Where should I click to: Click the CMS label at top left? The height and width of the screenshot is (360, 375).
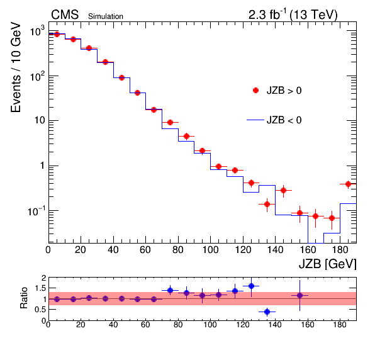coord(65,15)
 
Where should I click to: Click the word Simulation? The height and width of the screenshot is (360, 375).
coord(106,16)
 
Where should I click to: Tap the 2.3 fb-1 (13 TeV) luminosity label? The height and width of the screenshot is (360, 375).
coord(293,14)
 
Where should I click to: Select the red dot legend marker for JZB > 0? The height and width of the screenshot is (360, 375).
coord(255,91)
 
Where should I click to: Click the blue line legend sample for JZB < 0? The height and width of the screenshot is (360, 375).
coord(255,120)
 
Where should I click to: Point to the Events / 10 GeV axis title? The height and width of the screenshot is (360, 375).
coord(16,67)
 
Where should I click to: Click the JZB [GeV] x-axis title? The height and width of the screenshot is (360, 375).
coord(327,264)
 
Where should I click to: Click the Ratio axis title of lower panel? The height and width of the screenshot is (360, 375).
coord(24,298)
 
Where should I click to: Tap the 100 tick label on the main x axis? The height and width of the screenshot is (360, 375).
coord(210,250)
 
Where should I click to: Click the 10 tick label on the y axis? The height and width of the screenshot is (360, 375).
coord(40,120)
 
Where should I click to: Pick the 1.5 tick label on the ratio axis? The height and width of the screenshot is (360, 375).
coord(41,288)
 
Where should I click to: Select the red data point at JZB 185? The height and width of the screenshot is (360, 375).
coord(348,184)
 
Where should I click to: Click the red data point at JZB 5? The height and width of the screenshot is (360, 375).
coord(57,34)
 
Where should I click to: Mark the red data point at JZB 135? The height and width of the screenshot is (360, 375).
coord(267,205)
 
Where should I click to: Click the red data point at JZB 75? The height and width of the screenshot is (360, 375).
coord(170,123)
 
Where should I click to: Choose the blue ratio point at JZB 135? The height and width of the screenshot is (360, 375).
coord(267,312)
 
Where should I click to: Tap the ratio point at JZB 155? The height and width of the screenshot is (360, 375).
coord(299,295)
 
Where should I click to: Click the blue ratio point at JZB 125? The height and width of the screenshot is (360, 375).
coord(251,286)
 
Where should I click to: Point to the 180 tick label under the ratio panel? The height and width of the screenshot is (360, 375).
coord(340,325)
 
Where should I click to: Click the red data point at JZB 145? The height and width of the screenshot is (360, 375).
coord(283,191)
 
